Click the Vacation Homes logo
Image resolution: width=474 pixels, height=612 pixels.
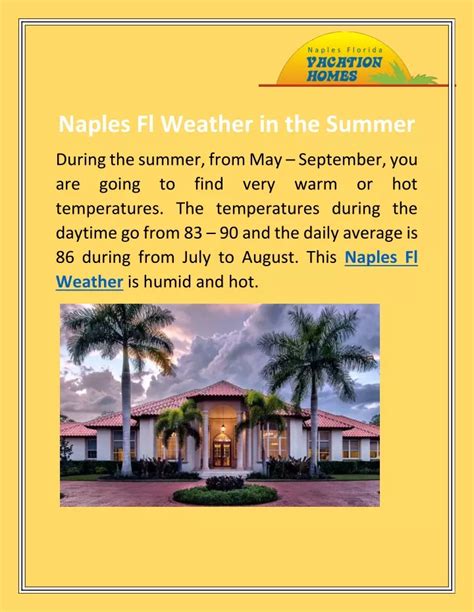click(356, 60)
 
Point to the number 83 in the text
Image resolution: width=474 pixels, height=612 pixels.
click(192, 233)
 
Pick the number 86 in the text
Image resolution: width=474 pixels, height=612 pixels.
click(65, 258)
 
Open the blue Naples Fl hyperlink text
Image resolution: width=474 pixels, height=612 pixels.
click(381, 258)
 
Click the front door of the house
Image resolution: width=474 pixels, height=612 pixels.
click(222, 454)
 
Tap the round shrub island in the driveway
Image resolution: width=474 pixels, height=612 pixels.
click(225, 492)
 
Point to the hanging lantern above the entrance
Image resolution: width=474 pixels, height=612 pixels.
click(223, 428)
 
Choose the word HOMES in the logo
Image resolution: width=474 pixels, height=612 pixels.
click(332, 76)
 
